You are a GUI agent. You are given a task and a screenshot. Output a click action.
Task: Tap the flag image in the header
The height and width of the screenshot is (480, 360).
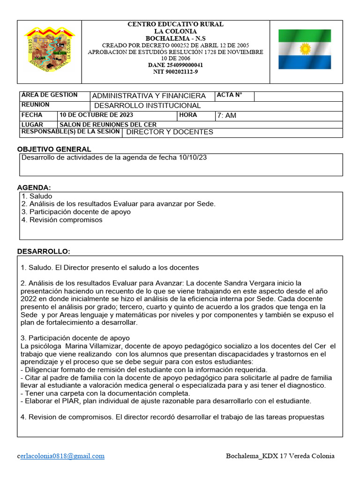[305, 49]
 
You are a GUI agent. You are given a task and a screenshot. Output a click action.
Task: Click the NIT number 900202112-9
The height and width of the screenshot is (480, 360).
[176, 72]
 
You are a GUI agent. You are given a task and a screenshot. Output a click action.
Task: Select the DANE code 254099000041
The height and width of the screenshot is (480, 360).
[176, 65]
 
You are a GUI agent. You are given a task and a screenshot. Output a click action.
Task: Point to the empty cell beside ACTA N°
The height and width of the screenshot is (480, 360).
[298, 96]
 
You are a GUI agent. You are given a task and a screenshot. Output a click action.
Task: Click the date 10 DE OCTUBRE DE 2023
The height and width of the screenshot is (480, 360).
[96, 115]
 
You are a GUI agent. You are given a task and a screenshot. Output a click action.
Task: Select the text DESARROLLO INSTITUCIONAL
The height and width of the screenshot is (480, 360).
[148, 106]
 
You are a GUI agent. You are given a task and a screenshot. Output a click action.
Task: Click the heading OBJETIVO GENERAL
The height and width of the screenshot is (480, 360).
[54, 149]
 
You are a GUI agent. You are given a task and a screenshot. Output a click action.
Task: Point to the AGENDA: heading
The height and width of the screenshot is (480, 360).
[34, 187]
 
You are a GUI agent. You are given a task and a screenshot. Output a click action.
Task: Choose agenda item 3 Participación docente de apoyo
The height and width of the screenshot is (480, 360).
[76, 212]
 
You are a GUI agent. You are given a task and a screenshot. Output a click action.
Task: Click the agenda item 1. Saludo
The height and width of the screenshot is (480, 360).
[37, 196]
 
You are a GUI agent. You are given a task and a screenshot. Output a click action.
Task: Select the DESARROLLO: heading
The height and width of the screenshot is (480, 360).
[44, 252]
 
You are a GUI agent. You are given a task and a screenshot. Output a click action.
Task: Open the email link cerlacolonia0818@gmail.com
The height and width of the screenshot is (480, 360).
[61, 456]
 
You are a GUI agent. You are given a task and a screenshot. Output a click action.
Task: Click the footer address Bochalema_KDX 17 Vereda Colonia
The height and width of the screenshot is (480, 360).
[280, 456]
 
